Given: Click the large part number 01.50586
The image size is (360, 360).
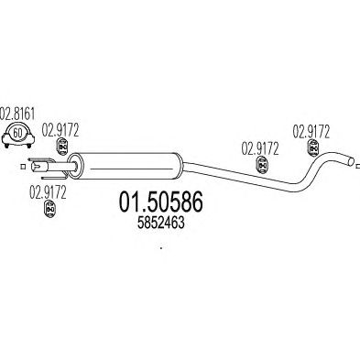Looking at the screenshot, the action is (x=160, y=202).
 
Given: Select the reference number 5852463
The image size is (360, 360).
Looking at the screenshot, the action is (x=161, y=224).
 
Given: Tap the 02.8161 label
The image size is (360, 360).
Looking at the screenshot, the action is (x=17, y=114).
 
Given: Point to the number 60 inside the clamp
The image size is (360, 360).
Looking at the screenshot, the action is (x=18, y=133).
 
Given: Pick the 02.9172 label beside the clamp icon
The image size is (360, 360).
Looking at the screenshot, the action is (x=60, y=130).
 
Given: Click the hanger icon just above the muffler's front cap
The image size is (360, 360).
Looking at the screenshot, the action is (x=62, y=147).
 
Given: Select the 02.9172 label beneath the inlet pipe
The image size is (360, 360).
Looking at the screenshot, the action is (x=48, y=192).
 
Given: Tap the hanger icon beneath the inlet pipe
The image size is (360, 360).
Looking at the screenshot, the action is (x=50, y=209).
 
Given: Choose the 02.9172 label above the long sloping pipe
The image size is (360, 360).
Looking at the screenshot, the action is (x=260, y=149).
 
